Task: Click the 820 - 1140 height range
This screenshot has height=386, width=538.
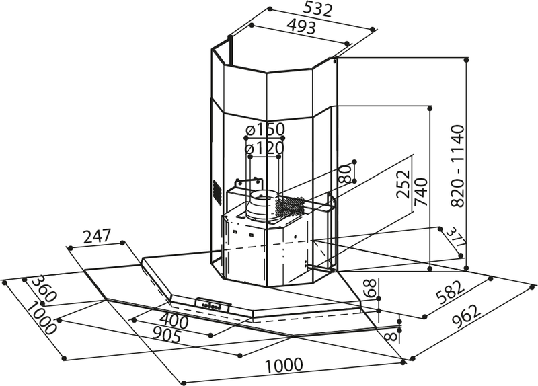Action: (458, 167)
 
